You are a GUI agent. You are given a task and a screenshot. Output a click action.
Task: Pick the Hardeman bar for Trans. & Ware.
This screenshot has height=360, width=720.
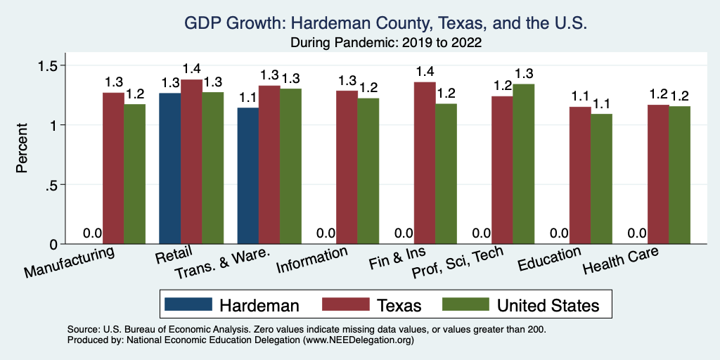click(x=247, y=176)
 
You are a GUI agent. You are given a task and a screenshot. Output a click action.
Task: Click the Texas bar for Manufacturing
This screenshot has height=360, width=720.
click(x=113, y=168)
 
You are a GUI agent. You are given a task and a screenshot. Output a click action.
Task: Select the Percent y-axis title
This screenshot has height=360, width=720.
click(x=22, y=149)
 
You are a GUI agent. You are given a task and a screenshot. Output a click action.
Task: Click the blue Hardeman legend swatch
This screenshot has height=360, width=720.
click(x=188, y=304)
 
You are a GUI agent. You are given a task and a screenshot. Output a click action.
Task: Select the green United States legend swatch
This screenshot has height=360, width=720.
click(x=465, y=304)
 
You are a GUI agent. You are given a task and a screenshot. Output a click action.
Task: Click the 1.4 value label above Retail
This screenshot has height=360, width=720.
click(x=192, y=68)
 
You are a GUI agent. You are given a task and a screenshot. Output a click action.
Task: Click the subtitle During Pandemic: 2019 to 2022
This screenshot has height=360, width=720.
click(x=385, y=42)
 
